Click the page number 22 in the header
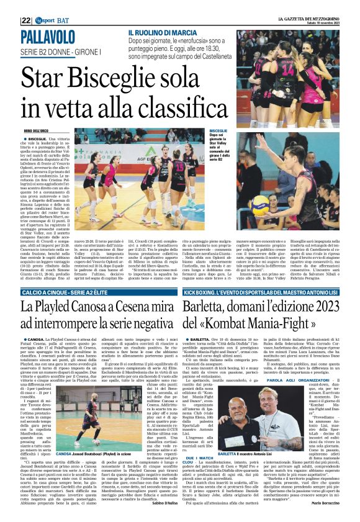[25, 20]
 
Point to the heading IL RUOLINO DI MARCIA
[162, 32]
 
